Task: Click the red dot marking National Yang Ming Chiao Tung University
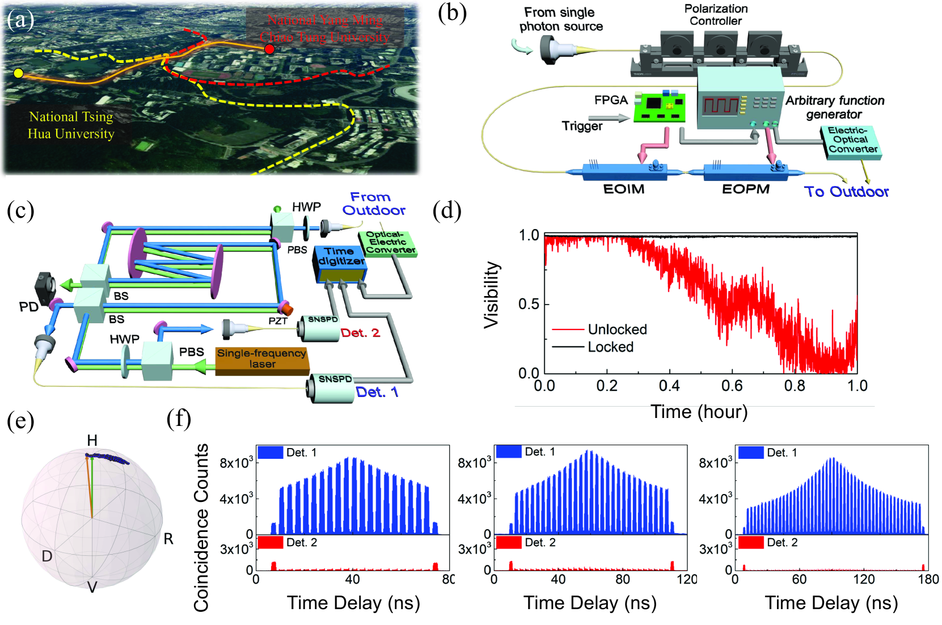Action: (269, 49)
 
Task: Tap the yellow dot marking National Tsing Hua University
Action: (18, 73)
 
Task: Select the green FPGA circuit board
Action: (660, 107)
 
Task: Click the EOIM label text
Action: (624, 189)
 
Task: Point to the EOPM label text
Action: (745, 189)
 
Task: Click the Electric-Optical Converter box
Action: (852, 141)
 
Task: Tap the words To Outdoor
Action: (846, 192)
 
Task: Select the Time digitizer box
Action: (341, 263)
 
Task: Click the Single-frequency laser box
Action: (261, 359)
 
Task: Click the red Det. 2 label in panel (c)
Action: (360, 333)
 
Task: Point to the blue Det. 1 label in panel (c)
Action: (377, 392)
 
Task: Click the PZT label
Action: (278, 321)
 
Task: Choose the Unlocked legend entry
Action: (617, 330)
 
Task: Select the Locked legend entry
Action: (610, 347)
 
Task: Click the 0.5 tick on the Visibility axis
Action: (529, 304)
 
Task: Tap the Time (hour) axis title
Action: (699, 412)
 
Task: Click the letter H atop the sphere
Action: (92, 440)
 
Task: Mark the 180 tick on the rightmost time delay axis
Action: (928, 579)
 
